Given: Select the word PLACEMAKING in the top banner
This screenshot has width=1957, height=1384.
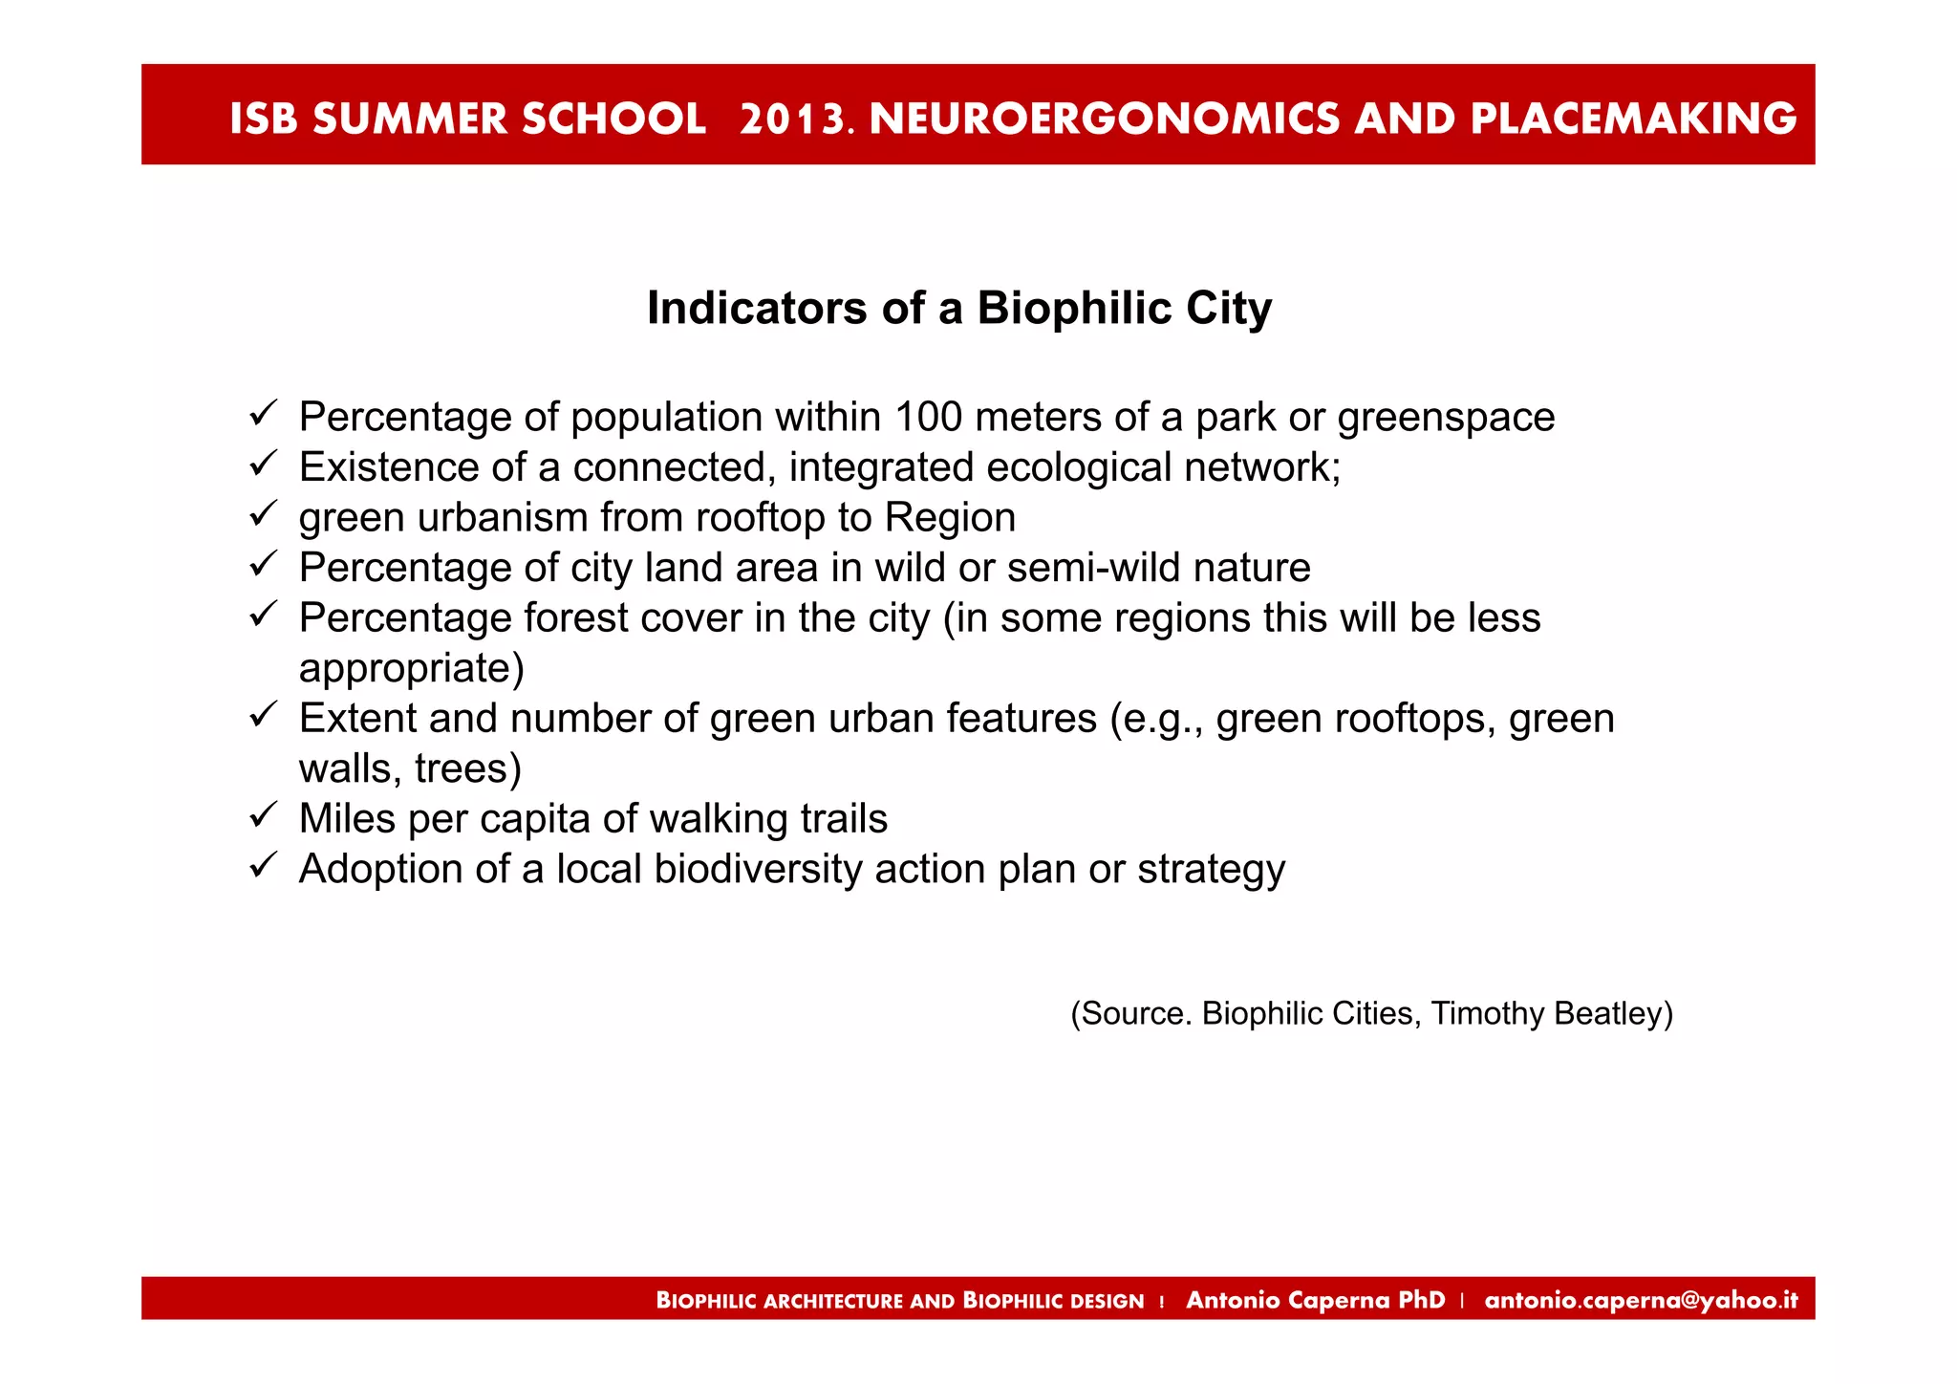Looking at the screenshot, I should (x=1633, y=119).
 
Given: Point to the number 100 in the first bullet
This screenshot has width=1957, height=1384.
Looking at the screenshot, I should (x=928, y=417).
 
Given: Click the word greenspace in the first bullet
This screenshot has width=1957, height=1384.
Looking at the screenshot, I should (x=1446, y=419).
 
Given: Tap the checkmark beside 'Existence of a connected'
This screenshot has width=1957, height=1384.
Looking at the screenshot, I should (x=263, y=465).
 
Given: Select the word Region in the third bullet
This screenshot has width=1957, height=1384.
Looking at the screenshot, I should (x=950, y=517).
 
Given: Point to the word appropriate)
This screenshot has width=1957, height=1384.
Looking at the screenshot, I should (x=412, y=668).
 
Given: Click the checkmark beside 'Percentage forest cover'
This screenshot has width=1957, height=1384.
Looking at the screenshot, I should (x=263, y=615).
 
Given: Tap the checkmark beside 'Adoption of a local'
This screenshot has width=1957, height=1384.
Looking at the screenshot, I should (x=263, y=866).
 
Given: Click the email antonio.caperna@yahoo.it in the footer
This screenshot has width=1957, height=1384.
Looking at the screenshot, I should (x=1641, y=1300).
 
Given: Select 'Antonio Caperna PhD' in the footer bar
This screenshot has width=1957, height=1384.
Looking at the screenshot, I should (x=1315, y=1300).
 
